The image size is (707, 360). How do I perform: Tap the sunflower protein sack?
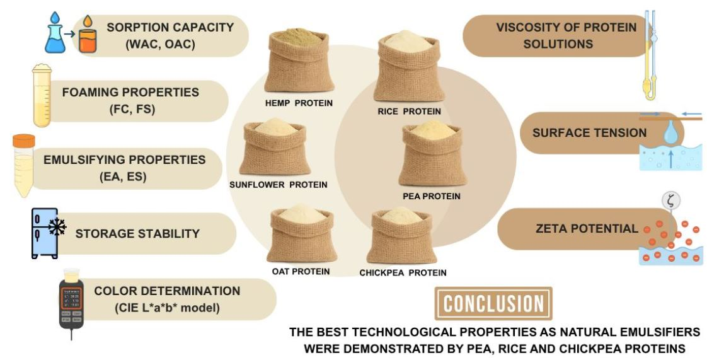tap(275, 149)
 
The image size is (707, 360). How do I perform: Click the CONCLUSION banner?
tap(493, 304)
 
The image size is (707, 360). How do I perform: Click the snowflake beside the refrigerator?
tap(57, 227)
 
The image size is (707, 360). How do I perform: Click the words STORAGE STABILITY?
tap(137, 234)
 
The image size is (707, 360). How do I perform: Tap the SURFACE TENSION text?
tap(589, 133)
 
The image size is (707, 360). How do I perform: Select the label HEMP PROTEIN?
tap(298, 102)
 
